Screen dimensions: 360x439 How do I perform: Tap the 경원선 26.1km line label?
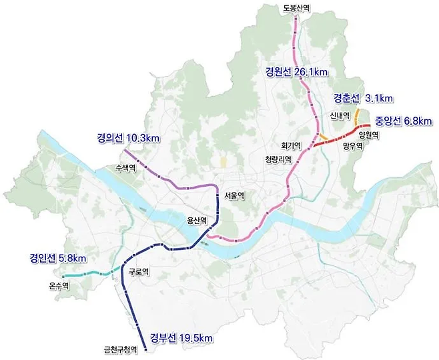[295, 72]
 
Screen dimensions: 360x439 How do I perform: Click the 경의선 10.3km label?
[128, 138]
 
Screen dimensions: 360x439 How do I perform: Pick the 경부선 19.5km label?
[181, 337]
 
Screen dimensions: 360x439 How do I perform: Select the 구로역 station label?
[138, 271]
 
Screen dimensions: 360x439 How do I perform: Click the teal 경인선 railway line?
[87, 275]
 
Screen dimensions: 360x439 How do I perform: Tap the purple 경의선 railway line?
[167, 179]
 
